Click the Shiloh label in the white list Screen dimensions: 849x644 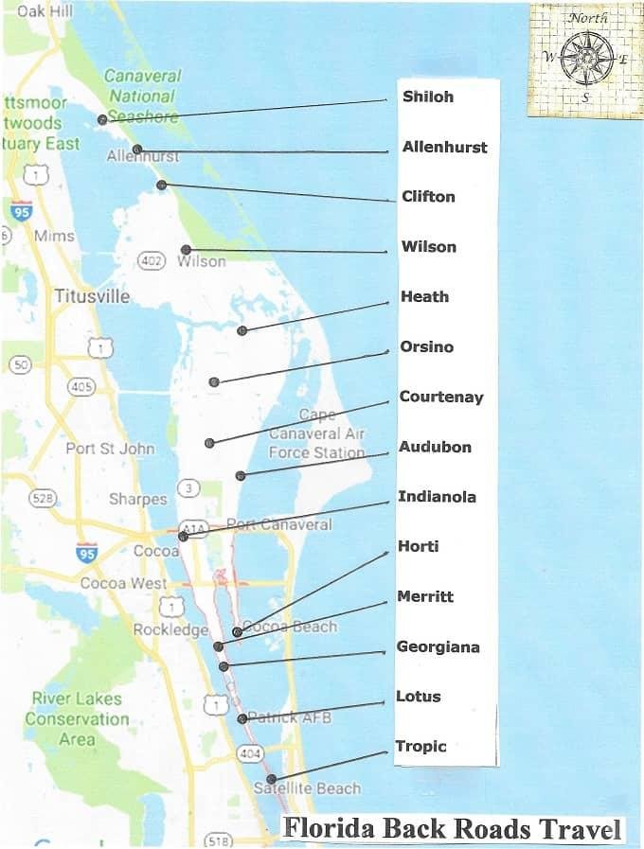pos(428,97)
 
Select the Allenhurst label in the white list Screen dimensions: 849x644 pos(444,147)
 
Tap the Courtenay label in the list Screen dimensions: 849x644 pos(441,397)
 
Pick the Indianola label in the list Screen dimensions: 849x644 pos(437,497)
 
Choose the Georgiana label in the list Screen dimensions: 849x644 pos(438,647)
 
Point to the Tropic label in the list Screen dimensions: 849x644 pos(420,747)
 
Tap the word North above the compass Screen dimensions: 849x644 pos(588,18)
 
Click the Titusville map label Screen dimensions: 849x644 pos(92,296)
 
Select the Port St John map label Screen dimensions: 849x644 pos(110,448)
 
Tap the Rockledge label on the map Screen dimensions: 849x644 pos(170,629)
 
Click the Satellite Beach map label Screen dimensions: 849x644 pos(307,788)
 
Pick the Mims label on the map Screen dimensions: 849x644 pos(54,236)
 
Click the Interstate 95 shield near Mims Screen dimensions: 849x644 pos(20,210)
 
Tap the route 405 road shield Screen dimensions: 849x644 pos(82,385)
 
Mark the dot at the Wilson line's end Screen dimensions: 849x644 pos(187,250)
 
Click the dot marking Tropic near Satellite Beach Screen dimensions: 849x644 pos(272,779)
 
